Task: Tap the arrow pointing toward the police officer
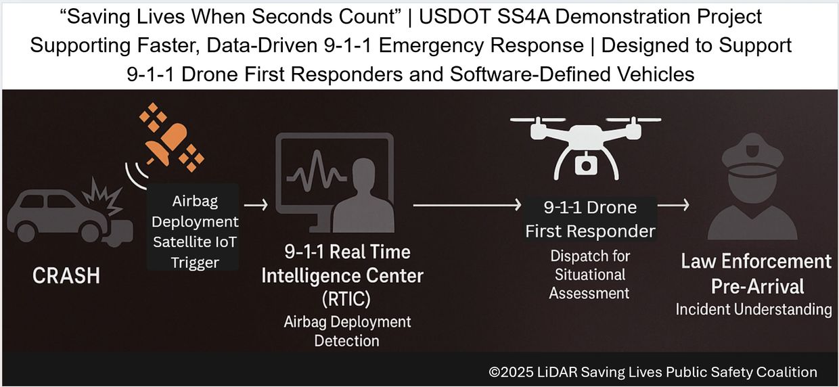[674, 203]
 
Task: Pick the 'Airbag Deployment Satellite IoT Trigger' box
[195, 227]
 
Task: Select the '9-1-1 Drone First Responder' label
[590, 219]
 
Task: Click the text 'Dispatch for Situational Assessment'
[590, 275]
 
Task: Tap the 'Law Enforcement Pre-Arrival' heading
[756, 273]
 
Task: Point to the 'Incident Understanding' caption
[754, 309]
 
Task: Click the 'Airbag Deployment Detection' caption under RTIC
[347, 331]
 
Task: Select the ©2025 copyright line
[653, 371]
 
